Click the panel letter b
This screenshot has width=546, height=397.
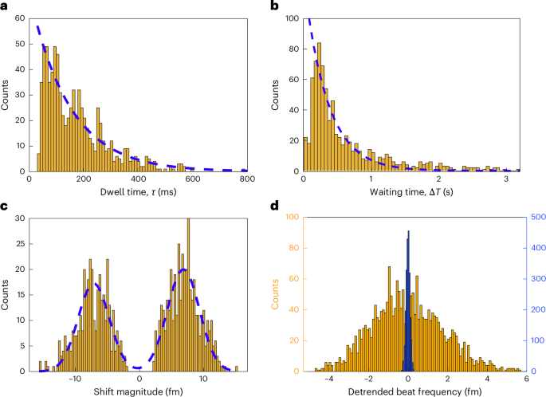click(276, 9)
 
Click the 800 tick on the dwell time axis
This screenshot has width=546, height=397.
click(247, 180)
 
